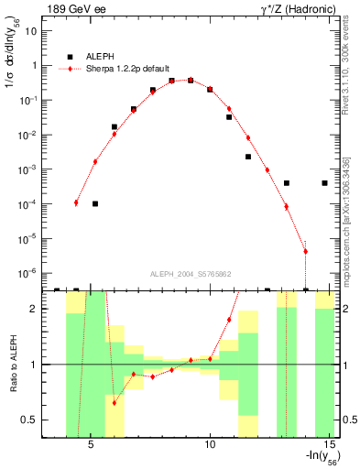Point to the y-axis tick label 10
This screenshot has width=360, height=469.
pyautogui.click(x=30, y=30)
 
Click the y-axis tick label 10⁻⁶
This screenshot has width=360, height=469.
pyautogui.click(x=28, y=273)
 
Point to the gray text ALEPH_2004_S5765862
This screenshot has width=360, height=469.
pyautogui.click(x=191, y=274)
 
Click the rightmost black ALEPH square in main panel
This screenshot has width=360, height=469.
pyautogui.click(x=325, y=183)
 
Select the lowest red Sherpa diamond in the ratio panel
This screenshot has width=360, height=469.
pyautogui.click(x=115, y=402)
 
